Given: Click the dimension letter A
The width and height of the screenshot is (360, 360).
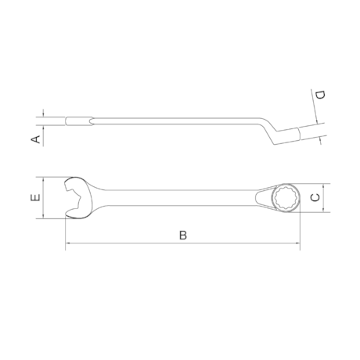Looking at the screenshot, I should (x=34, y=139).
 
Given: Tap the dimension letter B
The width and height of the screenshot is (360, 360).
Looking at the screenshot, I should (x=182, y=235).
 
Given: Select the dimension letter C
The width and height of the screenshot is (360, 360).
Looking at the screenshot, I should (x=315, y=198).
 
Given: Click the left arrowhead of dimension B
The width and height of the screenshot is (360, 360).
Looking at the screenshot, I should (x=67, y=244).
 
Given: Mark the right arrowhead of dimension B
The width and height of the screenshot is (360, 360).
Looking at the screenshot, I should (x=297, y=244).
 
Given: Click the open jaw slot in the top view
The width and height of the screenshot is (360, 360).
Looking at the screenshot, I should (x=72, y=198).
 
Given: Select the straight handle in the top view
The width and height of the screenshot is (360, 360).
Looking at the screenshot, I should (x=180, y=198).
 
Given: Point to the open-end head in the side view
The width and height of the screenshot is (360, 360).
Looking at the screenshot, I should (x=78, y=122).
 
